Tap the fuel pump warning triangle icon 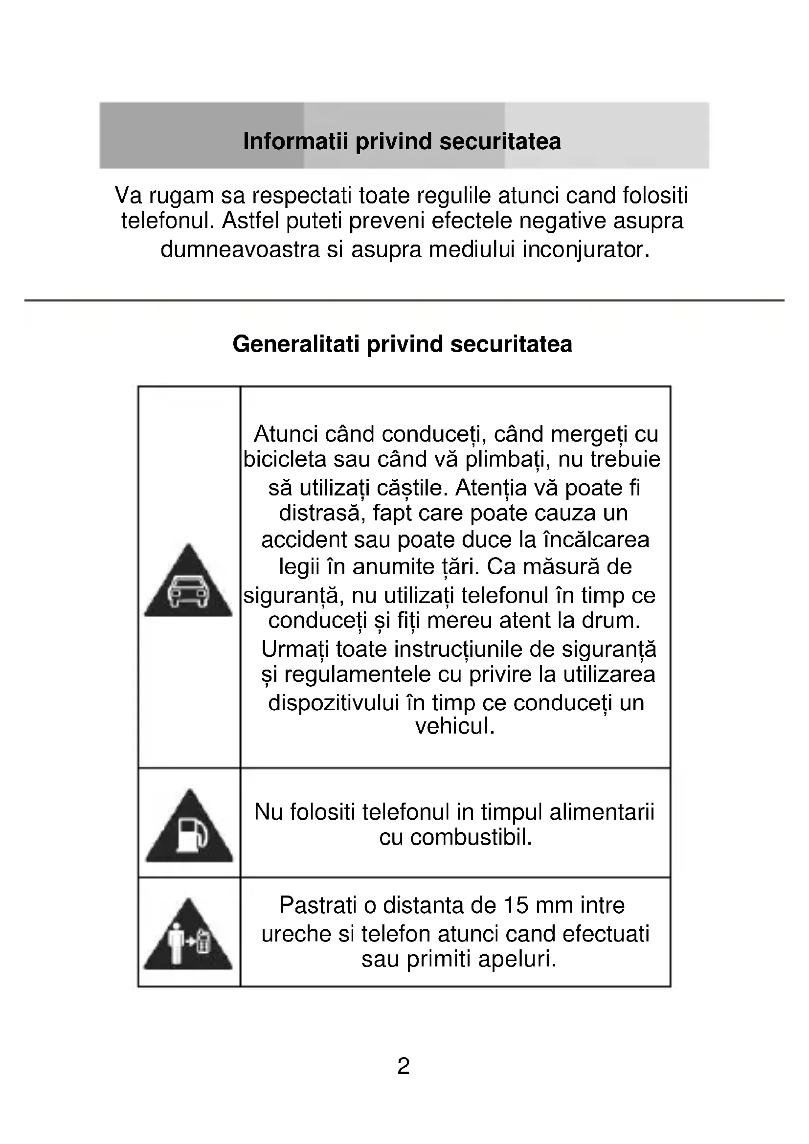189,829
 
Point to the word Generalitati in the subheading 296,344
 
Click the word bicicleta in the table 285,459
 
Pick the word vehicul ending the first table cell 454,726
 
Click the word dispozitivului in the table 334,703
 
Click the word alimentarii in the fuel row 602,812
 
